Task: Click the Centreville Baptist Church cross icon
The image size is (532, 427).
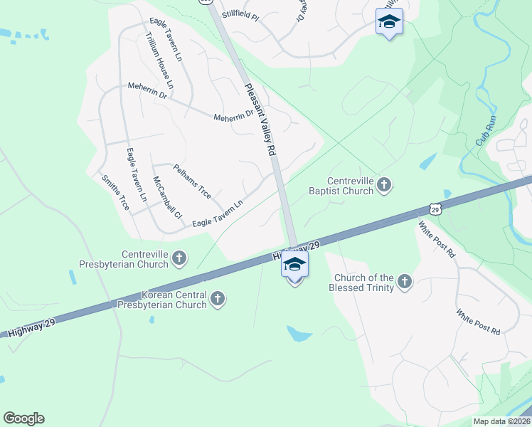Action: point(384,186)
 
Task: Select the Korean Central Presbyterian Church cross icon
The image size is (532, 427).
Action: point(218,299)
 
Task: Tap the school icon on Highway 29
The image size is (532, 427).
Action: point(294,265)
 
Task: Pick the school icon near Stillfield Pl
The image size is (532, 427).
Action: point(389,22)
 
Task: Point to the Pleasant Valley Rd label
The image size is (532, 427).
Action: point(260,120)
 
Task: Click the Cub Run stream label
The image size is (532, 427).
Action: point(486,132)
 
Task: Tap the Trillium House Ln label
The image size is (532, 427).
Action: point(160,60)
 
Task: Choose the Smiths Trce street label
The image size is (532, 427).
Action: point(115,193)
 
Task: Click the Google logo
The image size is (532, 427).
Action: point(23,418)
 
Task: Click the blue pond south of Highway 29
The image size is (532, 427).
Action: point(299,332)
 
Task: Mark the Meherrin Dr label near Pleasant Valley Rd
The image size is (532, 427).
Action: point(233,115)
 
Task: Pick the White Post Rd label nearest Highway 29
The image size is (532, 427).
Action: point(437,239)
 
